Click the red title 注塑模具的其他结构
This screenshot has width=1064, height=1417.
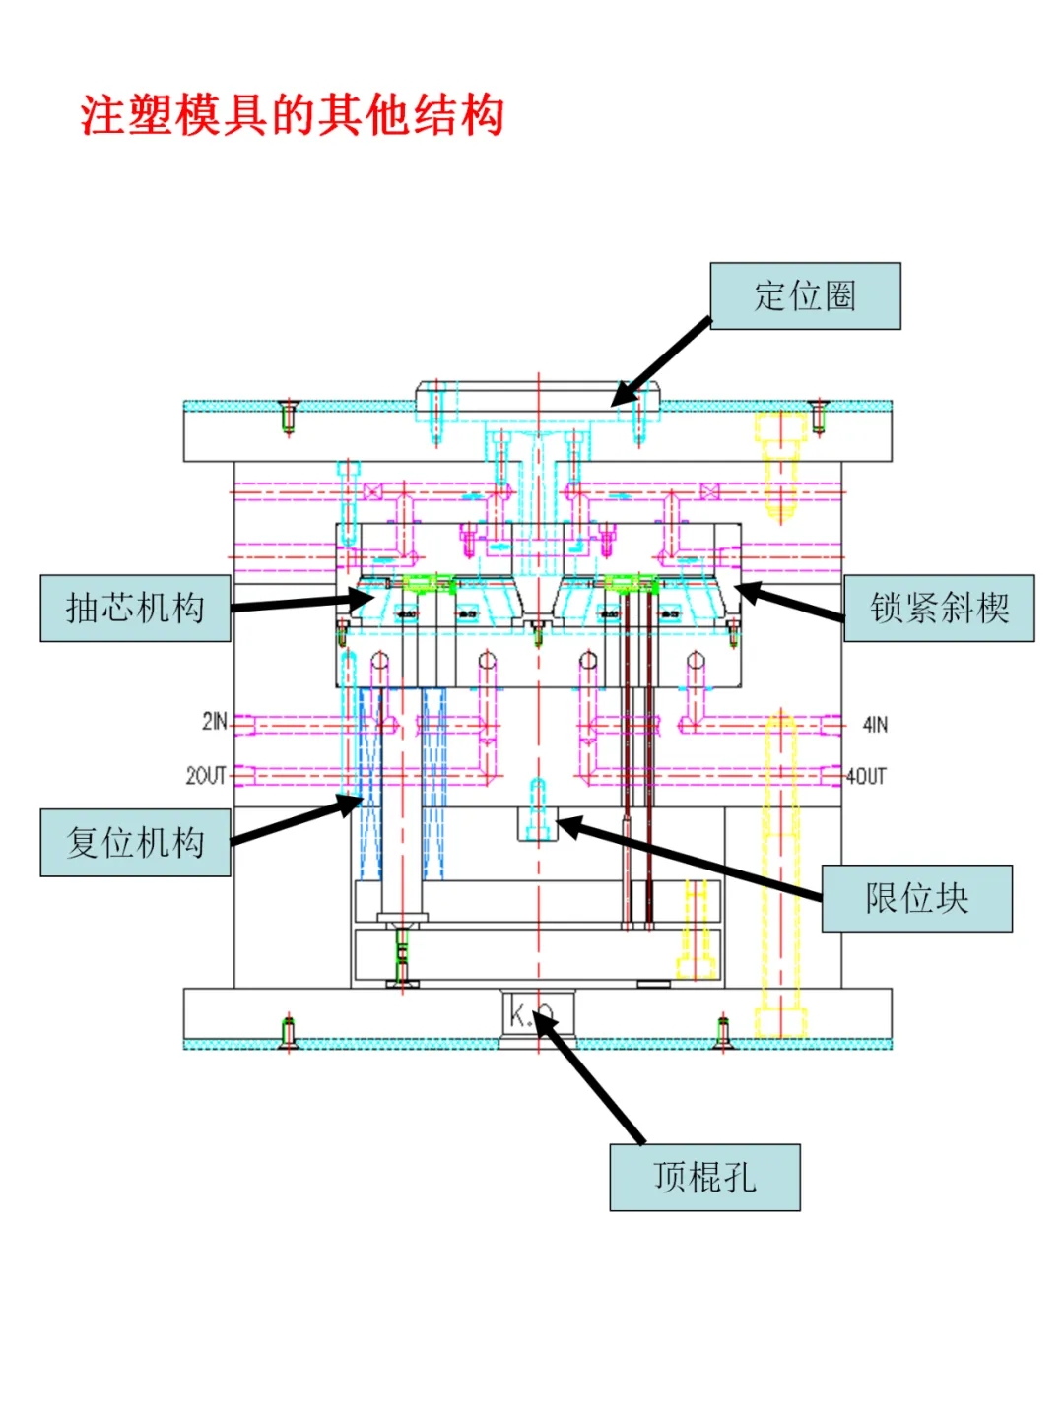293,115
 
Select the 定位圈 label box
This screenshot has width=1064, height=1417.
805,295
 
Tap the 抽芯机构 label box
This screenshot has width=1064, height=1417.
135,609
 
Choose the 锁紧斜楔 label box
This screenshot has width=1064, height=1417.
939,609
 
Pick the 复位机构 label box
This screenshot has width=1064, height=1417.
135,843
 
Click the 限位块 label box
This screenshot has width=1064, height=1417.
916,898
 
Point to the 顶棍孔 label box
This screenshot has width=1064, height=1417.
704,1177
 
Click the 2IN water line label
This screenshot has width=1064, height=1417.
214,722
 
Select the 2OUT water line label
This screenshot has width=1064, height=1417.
206,776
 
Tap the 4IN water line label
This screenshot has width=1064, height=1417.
875,725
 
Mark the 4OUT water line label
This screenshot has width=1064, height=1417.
867,776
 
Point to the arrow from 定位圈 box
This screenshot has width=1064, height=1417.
660,362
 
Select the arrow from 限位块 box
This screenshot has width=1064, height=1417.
690,859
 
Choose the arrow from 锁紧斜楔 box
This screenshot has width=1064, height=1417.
788,602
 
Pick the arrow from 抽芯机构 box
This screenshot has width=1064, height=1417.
300,603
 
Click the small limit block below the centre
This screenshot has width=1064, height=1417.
538,823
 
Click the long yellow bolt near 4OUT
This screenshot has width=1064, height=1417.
780,867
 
